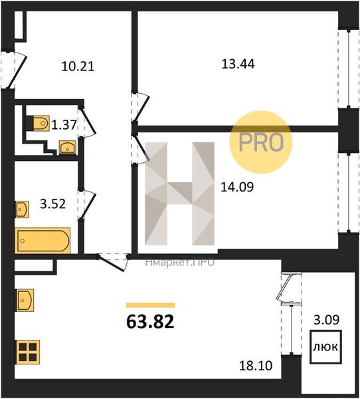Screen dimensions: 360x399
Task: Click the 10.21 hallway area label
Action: [x=78, y=66]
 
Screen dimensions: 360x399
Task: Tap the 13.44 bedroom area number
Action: [x=238, y=64]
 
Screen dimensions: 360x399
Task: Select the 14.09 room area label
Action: [x=237, y=187]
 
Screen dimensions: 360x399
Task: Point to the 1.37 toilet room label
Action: [x=64, y=125]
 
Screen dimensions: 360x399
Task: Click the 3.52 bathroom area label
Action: [x=53, y=203]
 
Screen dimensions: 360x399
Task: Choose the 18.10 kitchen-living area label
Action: [x=256, y=366]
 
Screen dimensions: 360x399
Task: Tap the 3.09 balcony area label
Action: [x=326, y=320]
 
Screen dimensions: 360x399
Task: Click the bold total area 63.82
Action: [x=150, y=321]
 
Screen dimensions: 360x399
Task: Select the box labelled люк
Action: [x=325, y=346]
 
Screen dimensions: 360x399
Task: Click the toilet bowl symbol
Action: [x=41, y=123]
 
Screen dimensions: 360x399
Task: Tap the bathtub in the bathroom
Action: [x=43, y=241]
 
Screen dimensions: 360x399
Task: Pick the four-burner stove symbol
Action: [x=28, y=352]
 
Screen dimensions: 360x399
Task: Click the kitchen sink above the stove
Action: [x=25, y=300]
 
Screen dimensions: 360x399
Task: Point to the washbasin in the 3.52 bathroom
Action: [x=23, y=209]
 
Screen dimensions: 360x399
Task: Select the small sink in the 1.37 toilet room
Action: [x=67, y=148]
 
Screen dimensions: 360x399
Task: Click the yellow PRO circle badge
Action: [x=261, y=142]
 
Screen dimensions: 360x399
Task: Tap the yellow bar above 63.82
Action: [x=151, y=305]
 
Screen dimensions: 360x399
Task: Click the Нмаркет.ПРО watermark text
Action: [x=180, y=263]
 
